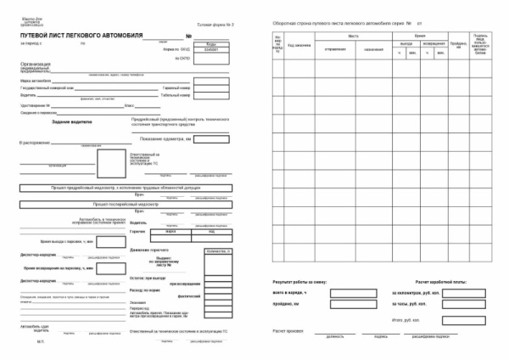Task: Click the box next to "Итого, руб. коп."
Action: coord(476,320)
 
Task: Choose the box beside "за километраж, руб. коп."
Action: coord(476,292)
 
